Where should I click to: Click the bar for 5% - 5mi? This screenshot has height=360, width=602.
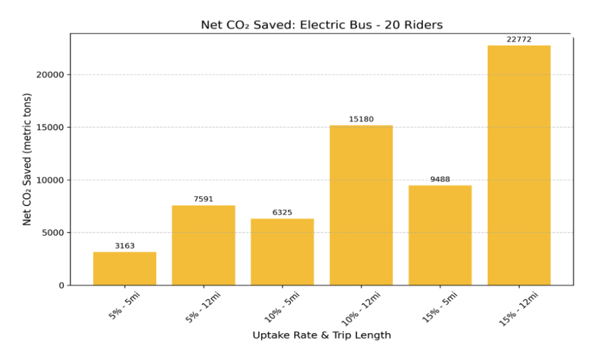(124, 268)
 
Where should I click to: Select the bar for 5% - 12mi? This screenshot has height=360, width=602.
(204, 245)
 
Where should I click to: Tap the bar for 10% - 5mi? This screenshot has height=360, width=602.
(282, 251)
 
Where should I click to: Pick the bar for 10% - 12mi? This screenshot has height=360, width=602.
(361, 205)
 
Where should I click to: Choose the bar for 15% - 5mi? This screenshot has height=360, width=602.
(440, 235)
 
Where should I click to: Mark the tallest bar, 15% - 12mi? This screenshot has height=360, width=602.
(519, 165)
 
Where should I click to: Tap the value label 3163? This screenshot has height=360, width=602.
(124, 246)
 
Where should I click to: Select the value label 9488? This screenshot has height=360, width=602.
(440, 179)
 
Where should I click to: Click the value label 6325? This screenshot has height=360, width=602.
(282, 212)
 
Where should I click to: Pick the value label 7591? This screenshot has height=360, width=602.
(204, 199)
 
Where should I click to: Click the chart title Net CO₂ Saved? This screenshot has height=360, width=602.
(321, 25)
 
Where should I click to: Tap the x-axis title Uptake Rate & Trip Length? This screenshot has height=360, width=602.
(321, 336)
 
